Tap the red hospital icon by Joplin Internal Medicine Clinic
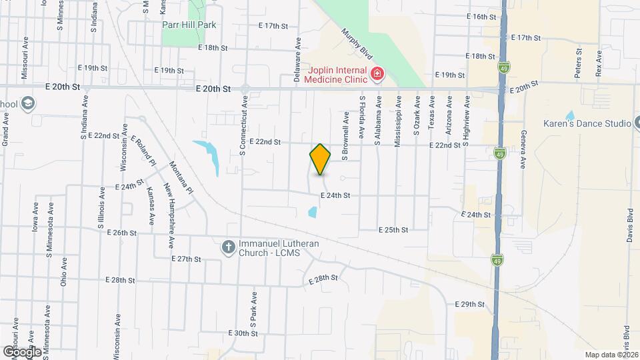[377, 73]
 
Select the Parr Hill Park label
[189, 25]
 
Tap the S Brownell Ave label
[346, 136]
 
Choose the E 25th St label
[393, 229]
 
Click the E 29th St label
[469, 304]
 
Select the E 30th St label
[242, 333]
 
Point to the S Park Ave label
[253, 307]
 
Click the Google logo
[22, 351]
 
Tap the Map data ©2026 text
[611, 355]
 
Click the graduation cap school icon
[28, 103]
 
